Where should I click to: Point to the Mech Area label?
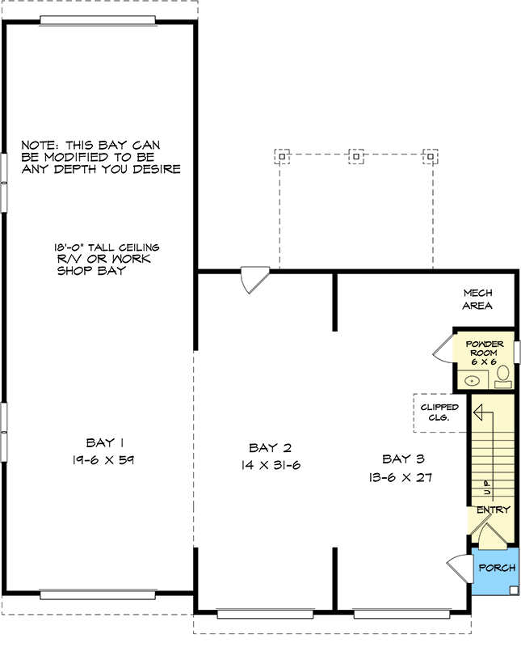coord(477,299)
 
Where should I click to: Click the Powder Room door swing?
coord(443,349)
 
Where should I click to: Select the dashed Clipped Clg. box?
coord(439,412)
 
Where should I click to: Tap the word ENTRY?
coord(493,510)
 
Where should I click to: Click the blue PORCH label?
coord(497,568)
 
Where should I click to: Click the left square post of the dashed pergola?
coord(281,154)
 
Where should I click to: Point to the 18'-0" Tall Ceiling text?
coord(107,247)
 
